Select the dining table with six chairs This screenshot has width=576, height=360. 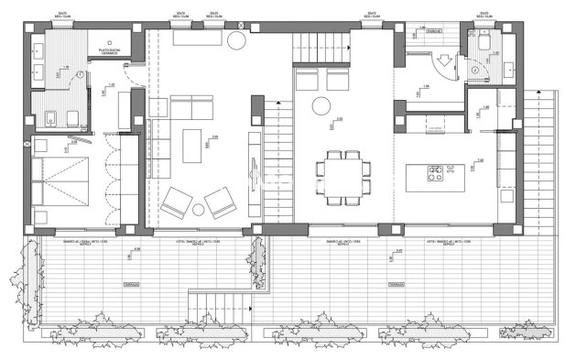coord(345,175)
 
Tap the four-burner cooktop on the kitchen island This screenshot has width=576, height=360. coord(434,172)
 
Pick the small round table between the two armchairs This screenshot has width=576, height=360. coord(199,210)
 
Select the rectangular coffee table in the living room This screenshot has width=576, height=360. coord(192,145)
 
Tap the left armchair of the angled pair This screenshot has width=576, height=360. coord(177,201)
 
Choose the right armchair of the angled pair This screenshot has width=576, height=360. coord(220,201)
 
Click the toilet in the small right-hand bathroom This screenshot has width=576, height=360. coord(473,65)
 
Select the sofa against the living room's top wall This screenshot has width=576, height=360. coord(195,41)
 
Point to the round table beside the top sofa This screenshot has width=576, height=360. coord(236,40)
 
